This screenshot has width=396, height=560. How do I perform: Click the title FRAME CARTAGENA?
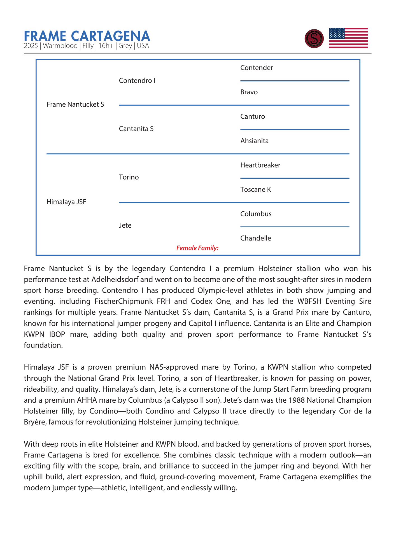pos(87,36)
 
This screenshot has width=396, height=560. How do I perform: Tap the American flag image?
pos(348,38)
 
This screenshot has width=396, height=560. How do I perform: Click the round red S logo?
pos(314,39)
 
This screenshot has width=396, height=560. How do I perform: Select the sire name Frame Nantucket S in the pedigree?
pos(75,104)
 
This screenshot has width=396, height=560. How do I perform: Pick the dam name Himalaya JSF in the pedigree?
pos(66,202)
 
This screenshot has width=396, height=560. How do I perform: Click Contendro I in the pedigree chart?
pos(137,81)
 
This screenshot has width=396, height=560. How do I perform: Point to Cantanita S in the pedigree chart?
pos(136,129)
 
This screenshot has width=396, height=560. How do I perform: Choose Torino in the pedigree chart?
pos(129,177)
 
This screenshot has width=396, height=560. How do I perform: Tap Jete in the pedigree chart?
pos(125,225)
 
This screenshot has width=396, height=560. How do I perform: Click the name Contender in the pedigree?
pos(257,68)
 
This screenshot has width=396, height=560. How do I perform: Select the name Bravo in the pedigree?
pos(249,92)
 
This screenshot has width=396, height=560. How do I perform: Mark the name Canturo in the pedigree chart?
pos(253,116)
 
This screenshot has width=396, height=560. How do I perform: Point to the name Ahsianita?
pos(254,141)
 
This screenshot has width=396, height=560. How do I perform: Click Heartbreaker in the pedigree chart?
pos(260,165)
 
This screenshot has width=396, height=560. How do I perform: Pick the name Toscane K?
pos(256,190)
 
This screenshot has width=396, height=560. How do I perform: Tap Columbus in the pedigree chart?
pos(256,214)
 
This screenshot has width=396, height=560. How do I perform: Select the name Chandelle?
pos(256,238)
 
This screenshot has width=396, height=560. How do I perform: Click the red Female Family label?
pos(197,248)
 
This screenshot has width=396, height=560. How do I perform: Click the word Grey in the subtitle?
pos(125,46)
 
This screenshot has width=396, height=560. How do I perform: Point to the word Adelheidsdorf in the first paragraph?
pos(122,279)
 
